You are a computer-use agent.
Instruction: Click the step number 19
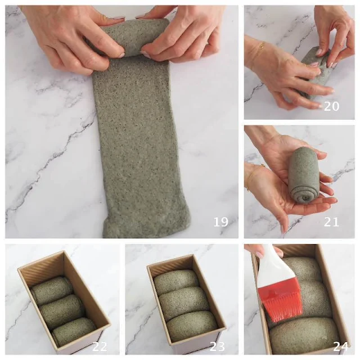[x=221, y=222]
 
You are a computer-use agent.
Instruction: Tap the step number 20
[x=331, y=106]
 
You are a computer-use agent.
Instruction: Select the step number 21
[x=331, y=222]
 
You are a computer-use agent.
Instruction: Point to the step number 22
[x=100, y=346]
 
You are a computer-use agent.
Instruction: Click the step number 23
[x=217, y=346]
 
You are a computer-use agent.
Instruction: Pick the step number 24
[x=341, y=346]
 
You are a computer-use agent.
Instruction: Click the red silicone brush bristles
[x=281, y=303]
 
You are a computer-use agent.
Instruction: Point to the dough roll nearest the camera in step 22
[x=74, y=331]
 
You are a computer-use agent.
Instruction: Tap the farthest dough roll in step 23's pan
[x=176, y=279]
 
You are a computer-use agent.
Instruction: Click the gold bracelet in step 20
[x=262, y=46]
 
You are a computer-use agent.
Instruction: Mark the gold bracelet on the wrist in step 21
[x=253, y=174]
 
